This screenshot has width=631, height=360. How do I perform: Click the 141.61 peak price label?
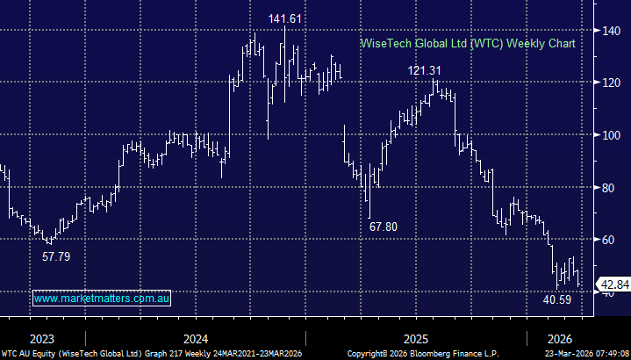point(287,18)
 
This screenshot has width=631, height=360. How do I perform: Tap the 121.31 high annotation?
point(425,70)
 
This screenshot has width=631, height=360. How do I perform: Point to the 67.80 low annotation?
point(383,227)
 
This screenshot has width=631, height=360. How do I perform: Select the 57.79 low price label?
point(57,257)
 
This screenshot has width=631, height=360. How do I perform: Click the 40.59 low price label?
point(557,300)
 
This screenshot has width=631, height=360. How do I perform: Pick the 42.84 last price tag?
point(613,284)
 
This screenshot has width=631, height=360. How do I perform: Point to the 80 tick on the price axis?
point(604,187)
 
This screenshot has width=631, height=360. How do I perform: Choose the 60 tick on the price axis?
point(604,239)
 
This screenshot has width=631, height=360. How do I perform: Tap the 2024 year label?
point(195,339)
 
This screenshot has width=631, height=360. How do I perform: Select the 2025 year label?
point(415,339)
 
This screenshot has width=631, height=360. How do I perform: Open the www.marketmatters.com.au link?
point(102,299)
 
